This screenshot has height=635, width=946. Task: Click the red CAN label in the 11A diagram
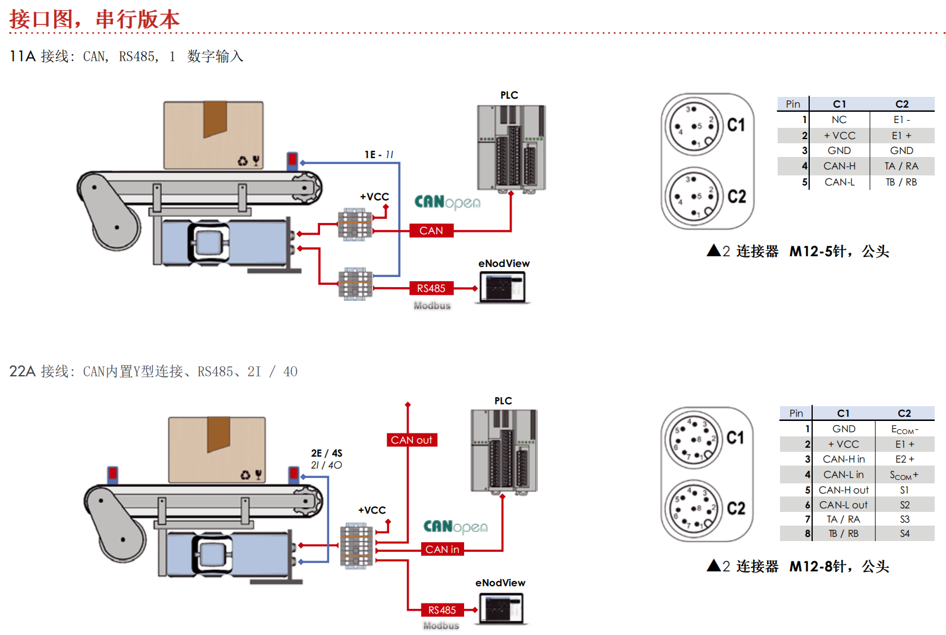[x=431, y=230]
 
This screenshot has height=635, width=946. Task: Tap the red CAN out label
[x=412, y=440]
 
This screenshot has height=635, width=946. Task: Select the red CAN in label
[x=442, y=549]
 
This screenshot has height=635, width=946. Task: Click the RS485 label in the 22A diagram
[x=442, y=609]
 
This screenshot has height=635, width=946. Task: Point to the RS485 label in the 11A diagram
[x=431, y=288]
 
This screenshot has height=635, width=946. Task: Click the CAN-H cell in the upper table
[x=839, y=166]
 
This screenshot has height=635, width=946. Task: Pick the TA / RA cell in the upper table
[x=901, y=166]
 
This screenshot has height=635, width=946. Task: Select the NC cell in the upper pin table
[x=839, y=120]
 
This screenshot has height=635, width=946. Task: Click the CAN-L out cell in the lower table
[x=844, y=505]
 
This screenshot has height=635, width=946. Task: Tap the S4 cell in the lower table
[x=904, y=533]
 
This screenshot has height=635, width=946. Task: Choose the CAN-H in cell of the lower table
[x=844, y=459]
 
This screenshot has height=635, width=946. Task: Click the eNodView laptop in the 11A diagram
[x=503, y=287]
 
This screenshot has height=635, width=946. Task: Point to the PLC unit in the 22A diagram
[x=504, y=451]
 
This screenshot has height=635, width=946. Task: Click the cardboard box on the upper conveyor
[x=213, y=135]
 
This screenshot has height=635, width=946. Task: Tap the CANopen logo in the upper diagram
[x=447, y=203]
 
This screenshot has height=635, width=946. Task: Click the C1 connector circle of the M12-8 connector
[x=693, y=439]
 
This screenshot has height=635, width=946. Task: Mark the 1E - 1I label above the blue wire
[x=379, y=155]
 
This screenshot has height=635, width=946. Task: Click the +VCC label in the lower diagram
[x=372, y=510]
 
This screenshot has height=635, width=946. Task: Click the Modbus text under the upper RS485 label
[x=432, y=306]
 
